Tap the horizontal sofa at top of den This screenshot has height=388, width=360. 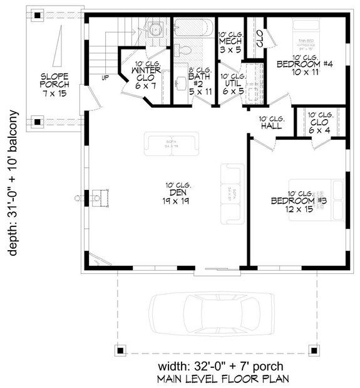171,144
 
